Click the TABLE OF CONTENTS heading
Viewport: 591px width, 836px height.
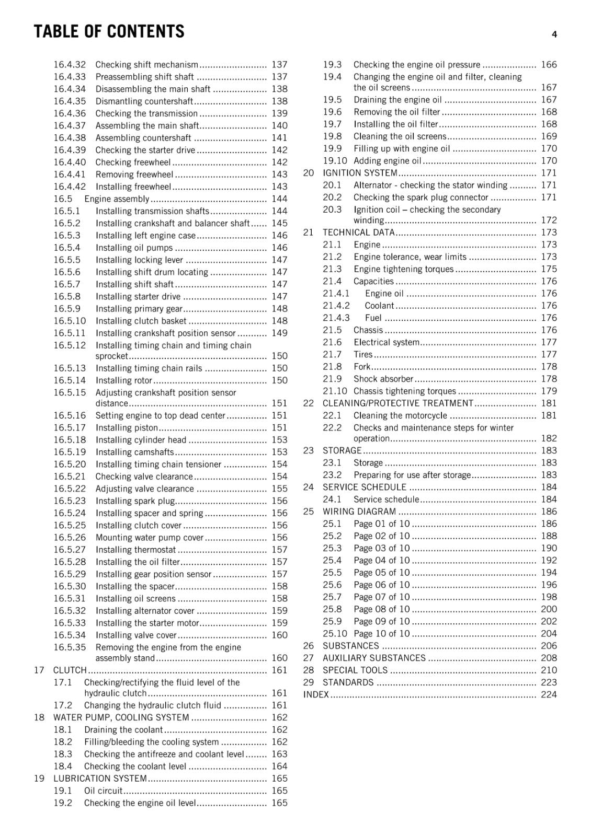click(x=109, y=32)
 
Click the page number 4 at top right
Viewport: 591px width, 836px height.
click(x=554, y=34)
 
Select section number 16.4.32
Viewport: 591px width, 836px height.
click(x=69, y=65)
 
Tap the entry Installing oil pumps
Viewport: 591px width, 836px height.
click(x=134, y=248)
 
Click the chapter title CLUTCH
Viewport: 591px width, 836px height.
click(x=70, y=670)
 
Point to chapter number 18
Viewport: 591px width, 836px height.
click(x=39, y=717)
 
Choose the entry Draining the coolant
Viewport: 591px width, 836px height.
click(x=123, y=729)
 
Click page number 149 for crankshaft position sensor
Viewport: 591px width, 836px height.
click(x=279, y=333)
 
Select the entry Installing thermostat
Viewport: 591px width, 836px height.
click(x=135, y=550)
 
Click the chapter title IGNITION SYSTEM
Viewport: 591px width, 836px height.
click(x=360, y=173)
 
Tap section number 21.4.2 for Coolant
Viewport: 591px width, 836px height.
click(x=336, y=306)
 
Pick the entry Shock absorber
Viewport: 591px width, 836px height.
click(x=383, y=379)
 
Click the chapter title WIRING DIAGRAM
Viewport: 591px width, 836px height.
click(x=359, y=512)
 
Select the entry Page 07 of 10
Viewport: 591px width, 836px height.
click(x=381, y=597)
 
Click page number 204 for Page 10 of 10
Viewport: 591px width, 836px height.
click(x=549, y=633)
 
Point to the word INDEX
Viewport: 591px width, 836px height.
click(x=316, y=694)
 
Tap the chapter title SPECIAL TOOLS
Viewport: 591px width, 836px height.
click(x=355, y=670)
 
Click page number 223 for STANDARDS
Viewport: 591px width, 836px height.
click(x=549, y=682)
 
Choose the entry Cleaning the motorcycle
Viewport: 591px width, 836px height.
click(x=400, y=415)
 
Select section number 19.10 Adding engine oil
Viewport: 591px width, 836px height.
click(x=335, y=161)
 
